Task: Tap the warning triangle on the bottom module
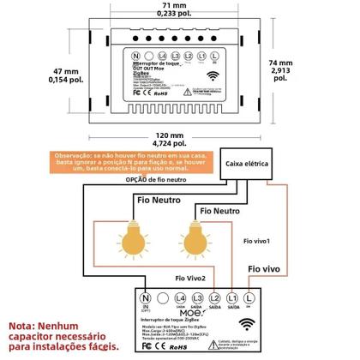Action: pyautogui.click(x=243, y=344)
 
